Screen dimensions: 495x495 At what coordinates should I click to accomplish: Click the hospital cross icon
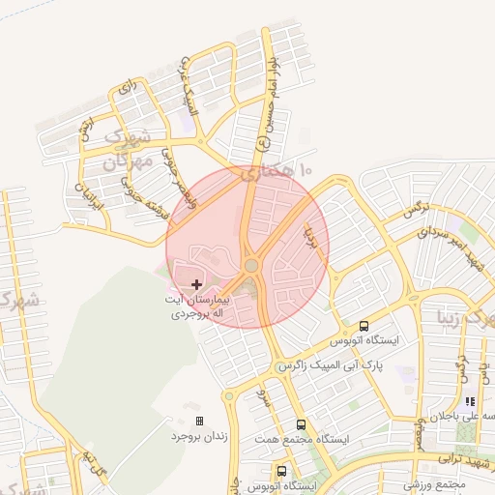[x=197, y=284]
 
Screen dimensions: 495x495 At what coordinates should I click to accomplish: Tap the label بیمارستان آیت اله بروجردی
[x=198, y=307]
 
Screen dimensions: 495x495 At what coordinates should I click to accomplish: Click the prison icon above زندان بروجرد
[x=200, y=421]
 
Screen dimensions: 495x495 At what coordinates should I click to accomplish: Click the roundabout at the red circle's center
[x=251, y=264]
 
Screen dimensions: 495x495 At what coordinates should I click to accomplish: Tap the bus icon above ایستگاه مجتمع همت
[x=301, y=424]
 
